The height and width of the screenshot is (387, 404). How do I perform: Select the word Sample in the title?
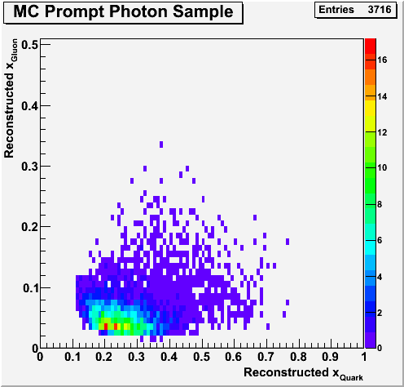pos(203,12)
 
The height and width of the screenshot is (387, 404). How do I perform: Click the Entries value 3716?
pos(380,10)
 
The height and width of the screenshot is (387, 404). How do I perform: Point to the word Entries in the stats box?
pos(336,10)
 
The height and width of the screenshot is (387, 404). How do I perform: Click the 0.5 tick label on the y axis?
pos(29,45)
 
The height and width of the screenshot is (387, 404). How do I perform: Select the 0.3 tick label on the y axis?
pos(29,167)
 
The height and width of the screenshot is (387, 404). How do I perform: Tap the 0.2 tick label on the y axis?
pos(29,227)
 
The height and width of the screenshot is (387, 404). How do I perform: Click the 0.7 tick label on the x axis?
pos(266,357)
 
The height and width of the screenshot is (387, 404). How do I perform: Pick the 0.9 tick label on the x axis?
pos(331,357)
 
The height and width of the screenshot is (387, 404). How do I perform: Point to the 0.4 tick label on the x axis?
pos(169,357)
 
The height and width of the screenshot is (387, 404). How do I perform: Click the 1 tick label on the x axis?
pos(364,357)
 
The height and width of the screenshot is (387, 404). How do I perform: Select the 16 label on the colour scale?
pos(382,60)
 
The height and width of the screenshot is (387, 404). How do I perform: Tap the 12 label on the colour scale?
pos(382,132)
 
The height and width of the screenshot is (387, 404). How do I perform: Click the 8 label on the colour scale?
pos(380,204)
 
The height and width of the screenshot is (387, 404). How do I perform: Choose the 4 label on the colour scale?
pos(380,277)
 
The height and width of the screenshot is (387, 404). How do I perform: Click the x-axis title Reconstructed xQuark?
pos(303,373)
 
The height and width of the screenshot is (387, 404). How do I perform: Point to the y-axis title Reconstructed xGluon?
pos(11,98)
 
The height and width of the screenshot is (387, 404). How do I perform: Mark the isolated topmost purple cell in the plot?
pos(161,145)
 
